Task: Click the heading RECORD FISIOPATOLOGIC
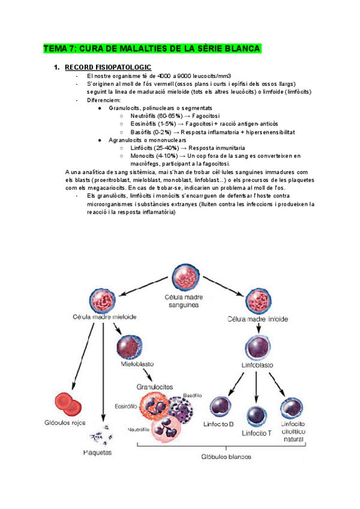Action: (107, 67)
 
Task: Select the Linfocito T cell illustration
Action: (257, 415)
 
